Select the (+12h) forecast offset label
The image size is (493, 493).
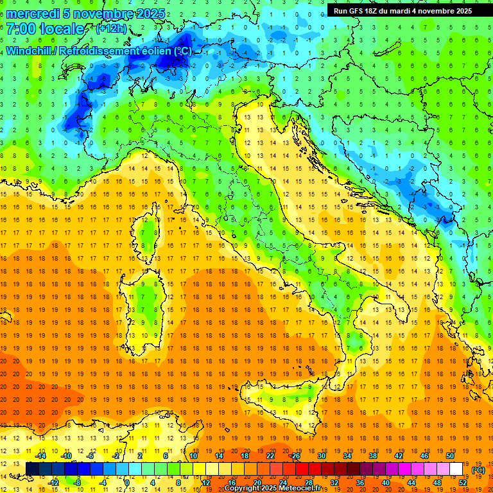[x=111, y=29]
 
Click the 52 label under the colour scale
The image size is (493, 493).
[x=463, y=482]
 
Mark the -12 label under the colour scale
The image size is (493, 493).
[x=54, y=482]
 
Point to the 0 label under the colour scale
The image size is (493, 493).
[x=128, y=482]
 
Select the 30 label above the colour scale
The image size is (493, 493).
[x=321, y=456]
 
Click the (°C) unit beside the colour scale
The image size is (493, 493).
[x=478, y=470]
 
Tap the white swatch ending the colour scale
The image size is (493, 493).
[x=456, y=469]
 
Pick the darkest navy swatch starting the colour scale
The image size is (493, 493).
[x=33, y=469]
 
